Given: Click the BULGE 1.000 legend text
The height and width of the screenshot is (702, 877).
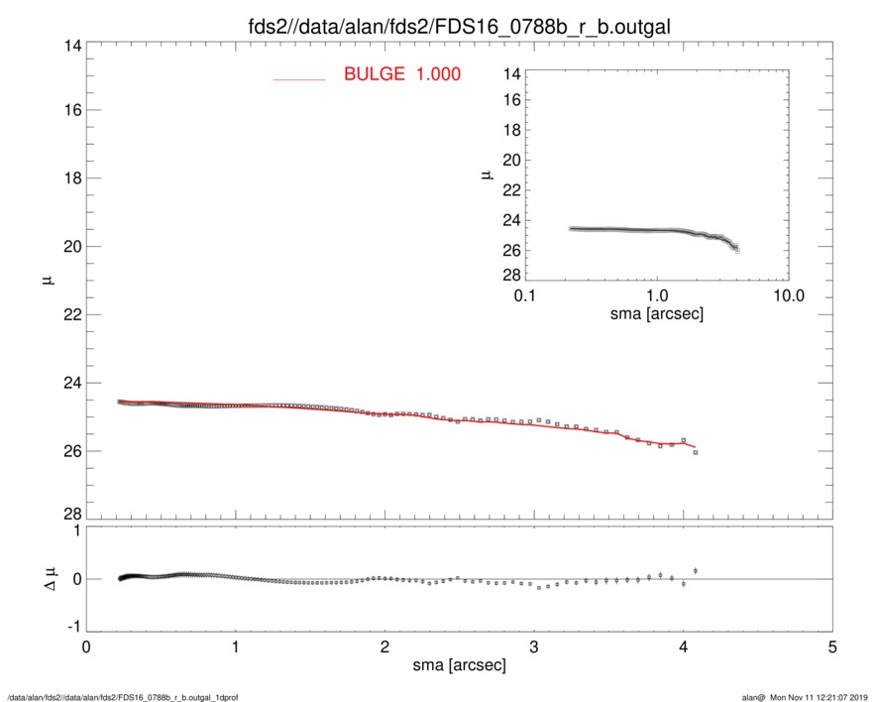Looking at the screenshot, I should tap(401, 74).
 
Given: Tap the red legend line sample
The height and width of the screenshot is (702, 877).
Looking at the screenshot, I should tap(299, 78).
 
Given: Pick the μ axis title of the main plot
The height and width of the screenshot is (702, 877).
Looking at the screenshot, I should tap(47, 281).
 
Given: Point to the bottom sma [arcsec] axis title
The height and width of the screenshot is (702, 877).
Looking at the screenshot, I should tap(459, 665).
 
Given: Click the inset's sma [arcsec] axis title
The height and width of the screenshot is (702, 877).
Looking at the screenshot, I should tap(656, 316).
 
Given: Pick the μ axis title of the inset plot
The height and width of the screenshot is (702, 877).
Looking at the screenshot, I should tap(487, 175).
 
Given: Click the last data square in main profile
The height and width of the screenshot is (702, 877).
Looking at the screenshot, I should tap(696, 452).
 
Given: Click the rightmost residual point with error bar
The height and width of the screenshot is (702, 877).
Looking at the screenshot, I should tap(696, 570).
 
